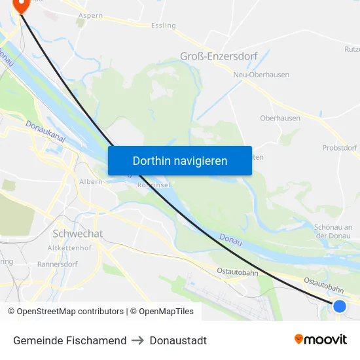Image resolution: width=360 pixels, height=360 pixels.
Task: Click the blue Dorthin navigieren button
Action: tap(179, 160)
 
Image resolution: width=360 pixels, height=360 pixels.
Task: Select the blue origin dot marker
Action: tap(339, 306)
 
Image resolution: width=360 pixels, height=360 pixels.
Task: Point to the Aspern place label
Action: tap(90, 15)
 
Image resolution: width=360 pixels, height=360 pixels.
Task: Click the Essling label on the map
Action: tap(163, 26)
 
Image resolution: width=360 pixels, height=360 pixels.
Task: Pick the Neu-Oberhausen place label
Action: tap(261, 75)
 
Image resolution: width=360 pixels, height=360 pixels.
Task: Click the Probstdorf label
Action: tap(340, 148)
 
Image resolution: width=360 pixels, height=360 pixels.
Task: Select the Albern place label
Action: tap(91, 181)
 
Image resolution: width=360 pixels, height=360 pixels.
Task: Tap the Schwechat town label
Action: tap(77, 234)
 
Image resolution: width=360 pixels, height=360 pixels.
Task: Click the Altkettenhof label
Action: tap(69, 249)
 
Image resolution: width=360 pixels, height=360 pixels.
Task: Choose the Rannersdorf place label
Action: tap(58, 264)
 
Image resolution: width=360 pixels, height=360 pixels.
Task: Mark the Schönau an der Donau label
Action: tap(333, 231)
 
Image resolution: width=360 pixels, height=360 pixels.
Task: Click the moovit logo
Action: tap(320, 340)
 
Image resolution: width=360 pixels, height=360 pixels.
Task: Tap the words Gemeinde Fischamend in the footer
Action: tap(69, 340)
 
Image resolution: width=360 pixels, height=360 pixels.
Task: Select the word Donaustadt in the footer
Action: tap(178, 340)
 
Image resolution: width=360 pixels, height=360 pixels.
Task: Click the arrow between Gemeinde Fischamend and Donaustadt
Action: tap(137, 340)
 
